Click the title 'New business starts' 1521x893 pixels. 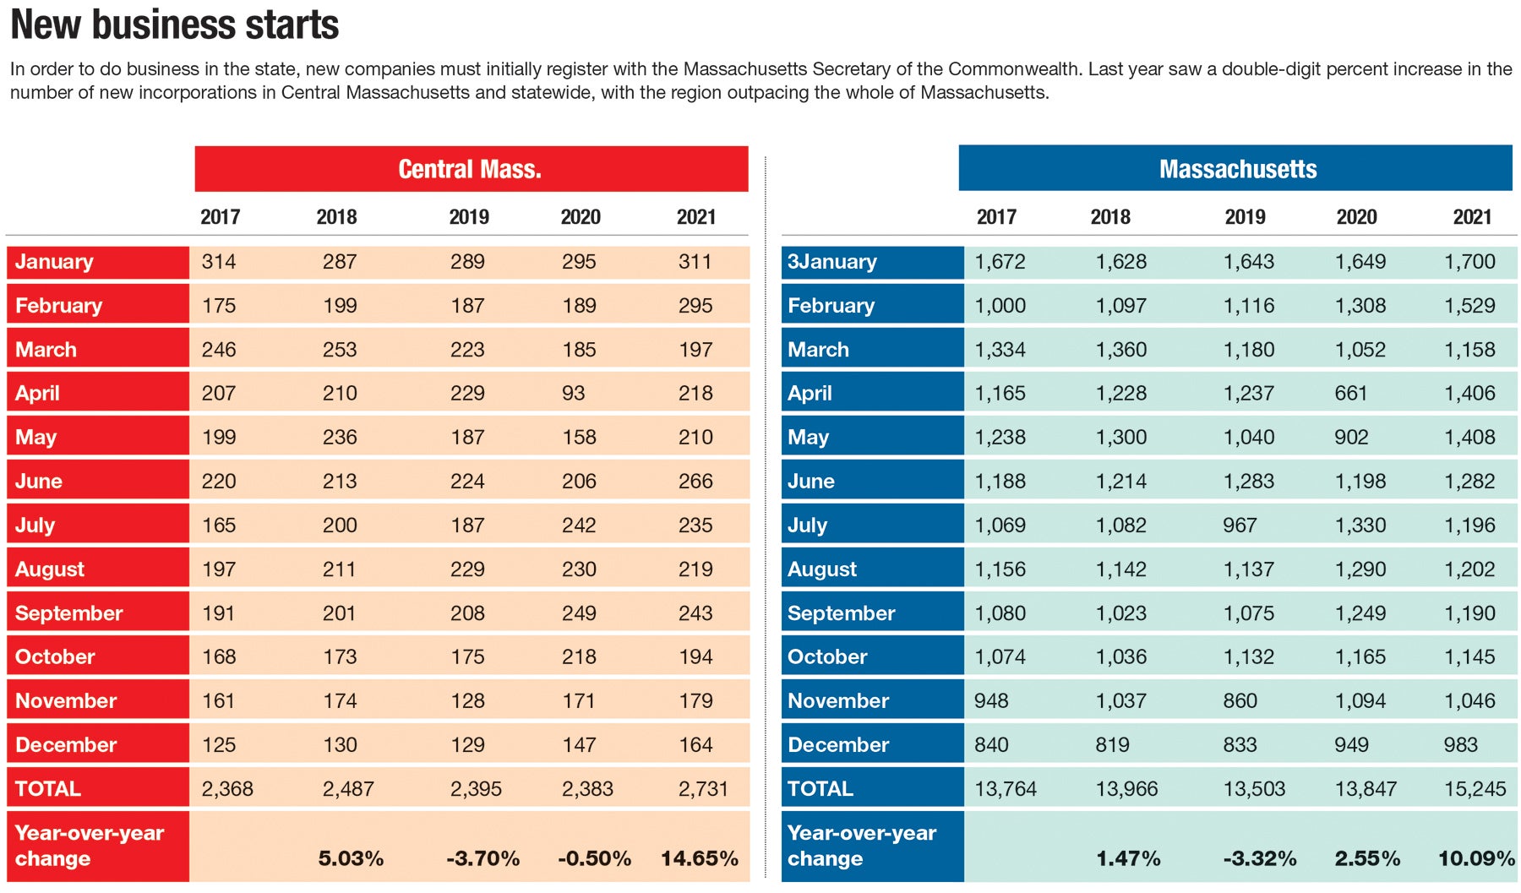pyautogui.click(x=175, y=25)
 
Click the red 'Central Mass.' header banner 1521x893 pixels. pyautogui.click(x=471, y=169)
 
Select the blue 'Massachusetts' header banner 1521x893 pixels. pyautogui.click(x=1236, y=169)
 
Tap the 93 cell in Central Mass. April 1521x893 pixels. pyautogui.click(x=574, y=394)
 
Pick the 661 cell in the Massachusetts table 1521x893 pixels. pyautogui.click(x=1351, y=394)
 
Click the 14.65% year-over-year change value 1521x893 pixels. pyautogui.click(x=699, y=858)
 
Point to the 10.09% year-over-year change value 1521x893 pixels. pyautogui.click(x=1475, y=858)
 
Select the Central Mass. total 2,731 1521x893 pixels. pyautogui.click(x=702, y=789)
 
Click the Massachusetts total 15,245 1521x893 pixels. pyautogui.click(x=1475, y=789)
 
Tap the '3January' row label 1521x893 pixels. pyautogui.click(x=832, y=262)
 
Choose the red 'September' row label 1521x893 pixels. pyautogui.click(x=69, y=613)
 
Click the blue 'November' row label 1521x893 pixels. pyautogui.click(x=838, y=701)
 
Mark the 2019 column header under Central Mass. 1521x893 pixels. pyautogui.click(x=469, y=217)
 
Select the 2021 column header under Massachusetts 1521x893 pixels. pyautogui.click(x=1472, y=217)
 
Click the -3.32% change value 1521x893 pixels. pyautogui.click(x=1259, y=858)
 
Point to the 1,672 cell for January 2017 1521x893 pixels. pyautogui.click(x=1000, y=262)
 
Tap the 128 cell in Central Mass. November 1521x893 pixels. pyautogui.click(x=467, y=701)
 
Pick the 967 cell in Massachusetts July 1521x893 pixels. pyautogui.click(x=1240, y=525)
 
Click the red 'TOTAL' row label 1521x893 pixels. pyautogui.click(x=48, y=789)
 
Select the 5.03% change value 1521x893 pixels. pyautogui.click(x=351, y=858)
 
